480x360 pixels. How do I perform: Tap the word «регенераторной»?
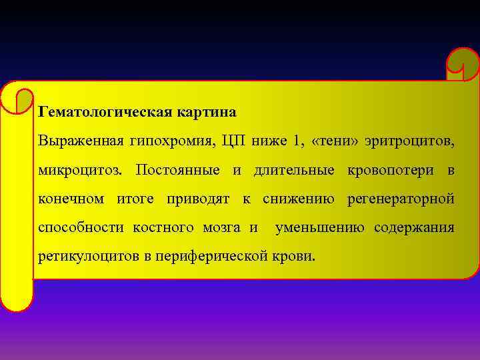click(401, 199)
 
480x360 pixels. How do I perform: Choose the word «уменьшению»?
click(319, 228)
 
